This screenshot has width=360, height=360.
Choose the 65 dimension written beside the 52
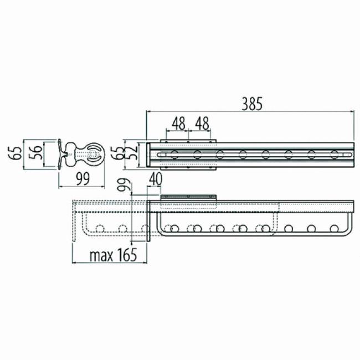tap(117, 152)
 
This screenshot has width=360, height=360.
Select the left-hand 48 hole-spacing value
tap(178, 123)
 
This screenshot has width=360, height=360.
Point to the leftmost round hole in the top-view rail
tap(174, 155)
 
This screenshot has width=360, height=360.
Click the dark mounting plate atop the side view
tap(188, 197)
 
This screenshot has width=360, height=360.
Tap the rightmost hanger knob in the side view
tap(335, 228)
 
